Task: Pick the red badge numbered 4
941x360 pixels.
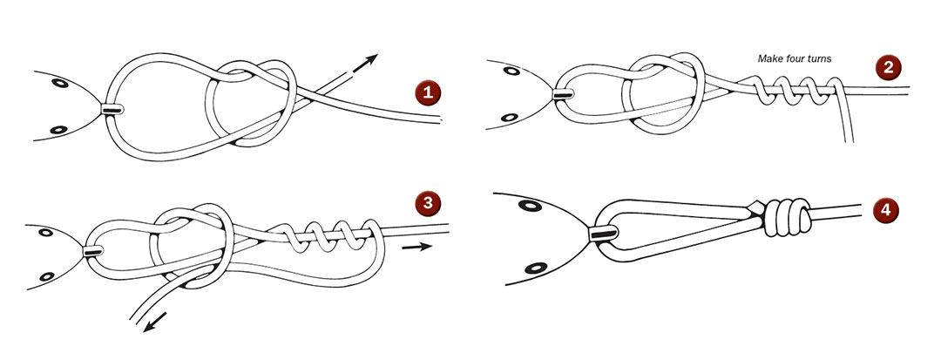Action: [886, 210]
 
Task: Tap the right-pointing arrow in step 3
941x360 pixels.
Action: [418, 247]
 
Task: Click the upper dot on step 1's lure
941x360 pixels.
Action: [59, 85]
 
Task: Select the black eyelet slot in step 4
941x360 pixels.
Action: [602, 233]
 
